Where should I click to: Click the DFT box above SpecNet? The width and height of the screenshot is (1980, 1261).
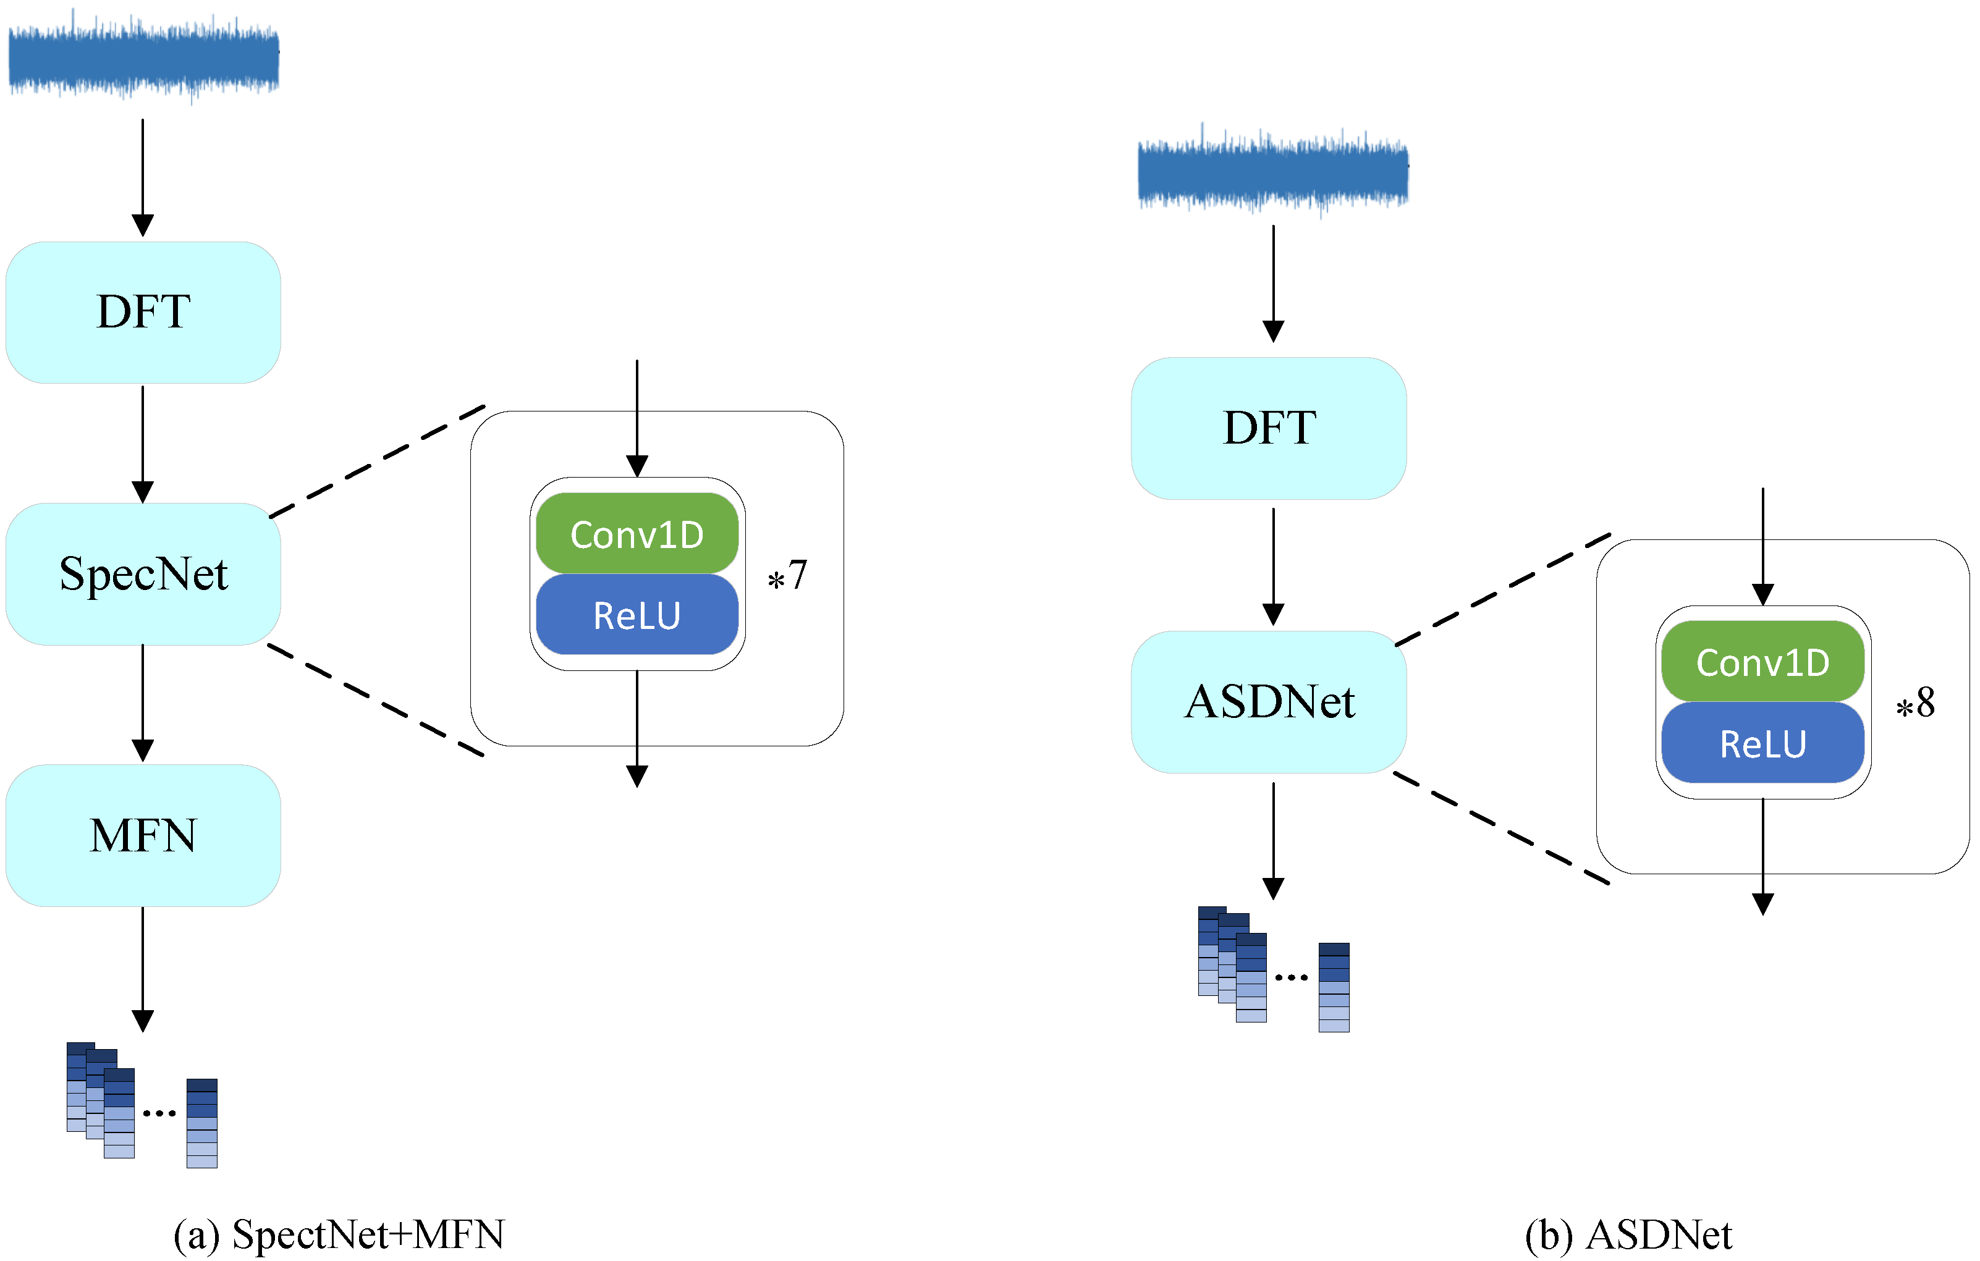click(143, 313)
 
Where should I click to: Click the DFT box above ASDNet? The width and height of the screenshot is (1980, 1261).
click(1269, 428)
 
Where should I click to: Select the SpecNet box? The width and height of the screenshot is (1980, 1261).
click(143, 574)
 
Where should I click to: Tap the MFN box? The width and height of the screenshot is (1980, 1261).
click(143, 835)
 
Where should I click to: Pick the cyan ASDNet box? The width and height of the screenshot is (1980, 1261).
click(1269, 702)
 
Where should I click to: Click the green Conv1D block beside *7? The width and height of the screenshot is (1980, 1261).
click(637, 534)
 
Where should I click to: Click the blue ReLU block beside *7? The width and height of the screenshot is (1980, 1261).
click(637, 615)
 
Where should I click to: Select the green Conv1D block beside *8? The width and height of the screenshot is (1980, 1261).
click(1763, 662)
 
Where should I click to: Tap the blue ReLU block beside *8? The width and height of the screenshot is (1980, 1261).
click(1763, 743)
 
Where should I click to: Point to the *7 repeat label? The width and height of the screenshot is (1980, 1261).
click(788, 575)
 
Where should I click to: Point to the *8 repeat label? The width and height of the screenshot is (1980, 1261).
click(1916, 704)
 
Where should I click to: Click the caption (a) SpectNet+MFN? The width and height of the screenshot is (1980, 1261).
click(339, 1234)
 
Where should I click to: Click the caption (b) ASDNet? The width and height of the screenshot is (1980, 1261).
click(1629, 1234)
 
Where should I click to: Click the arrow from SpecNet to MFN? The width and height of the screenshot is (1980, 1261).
click(143, 703)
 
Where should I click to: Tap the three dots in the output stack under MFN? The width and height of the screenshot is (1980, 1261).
click(159, 1113)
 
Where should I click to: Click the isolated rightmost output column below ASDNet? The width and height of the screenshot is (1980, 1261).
click(1334, 987)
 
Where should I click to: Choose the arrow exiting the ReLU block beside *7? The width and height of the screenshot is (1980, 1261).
click(637, 728)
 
